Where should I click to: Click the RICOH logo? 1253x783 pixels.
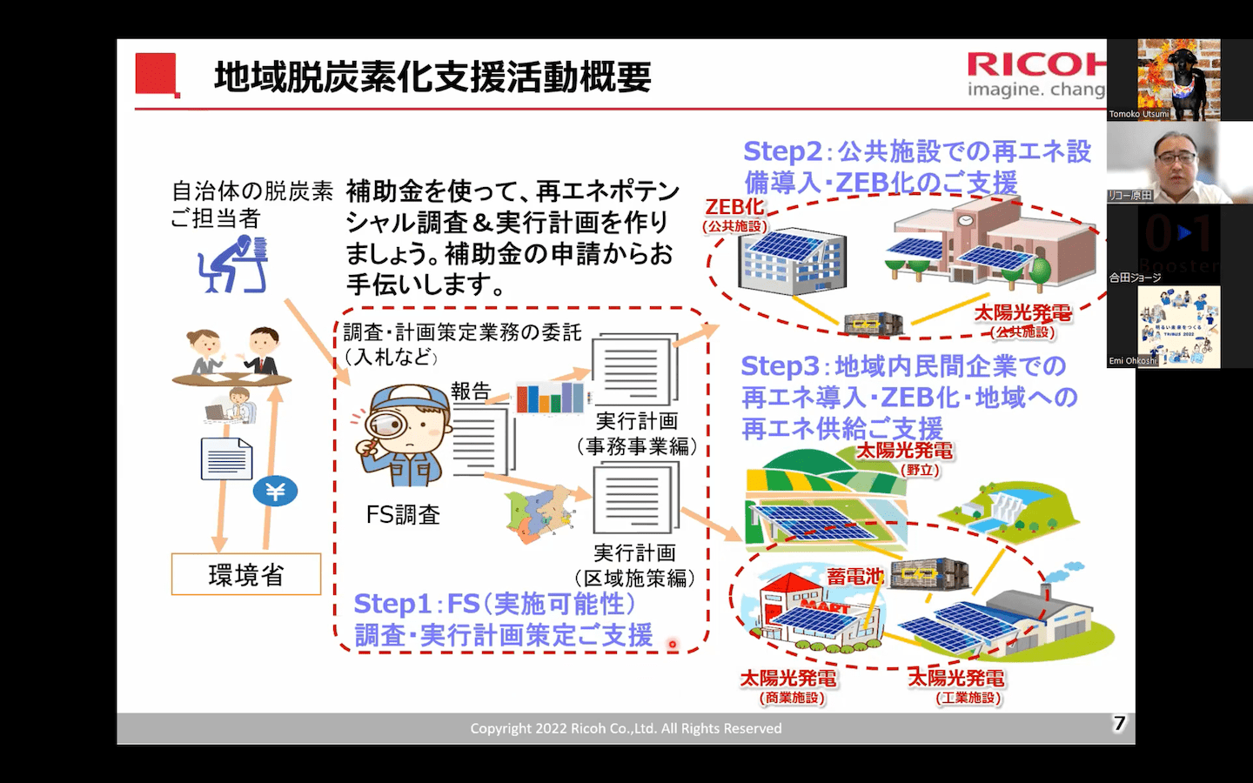(1035, 65)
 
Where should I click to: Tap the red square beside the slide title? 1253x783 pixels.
(156, 74)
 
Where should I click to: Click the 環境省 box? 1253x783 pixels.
(246, 574)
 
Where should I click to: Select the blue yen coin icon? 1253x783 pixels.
(275, 492)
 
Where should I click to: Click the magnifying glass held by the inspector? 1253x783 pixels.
(384, 425)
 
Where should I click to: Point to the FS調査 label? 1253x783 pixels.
(403, 515)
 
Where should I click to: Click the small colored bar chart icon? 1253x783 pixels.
(550, 398)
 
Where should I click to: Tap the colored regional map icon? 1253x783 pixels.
(541, 513)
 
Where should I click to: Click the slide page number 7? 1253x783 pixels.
(1120, 723)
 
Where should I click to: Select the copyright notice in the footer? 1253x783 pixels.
(626, 728)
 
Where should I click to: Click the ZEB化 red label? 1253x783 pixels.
(734, 207)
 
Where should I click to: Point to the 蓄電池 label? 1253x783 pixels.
(854, 577)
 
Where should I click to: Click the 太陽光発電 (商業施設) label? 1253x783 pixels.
(788, 686)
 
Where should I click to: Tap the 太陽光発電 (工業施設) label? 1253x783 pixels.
(957, 686)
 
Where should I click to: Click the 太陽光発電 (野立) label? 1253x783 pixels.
(905, 458)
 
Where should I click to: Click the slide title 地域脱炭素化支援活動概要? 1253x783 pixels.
(432, 77)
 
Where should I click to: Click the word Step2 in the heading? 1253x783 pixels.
(781, 151)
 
